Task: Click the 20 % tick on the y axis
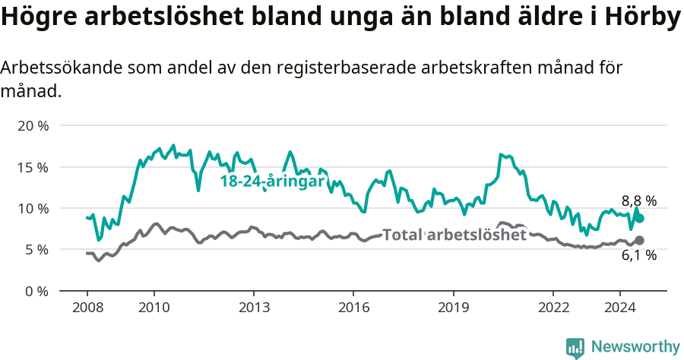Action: point(32,125)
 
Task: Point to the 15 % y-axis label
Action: point(32,167)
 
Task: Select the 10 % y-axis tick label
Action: point(32,208)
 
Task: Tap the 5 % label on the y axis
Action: point(36,249)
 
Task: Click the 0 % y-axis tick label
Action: point(36,291)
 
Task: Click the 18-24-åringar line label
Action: point(272,182)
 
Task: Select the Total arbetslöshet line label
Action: point(454,235)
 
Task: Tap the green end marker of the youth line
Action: point(640,218)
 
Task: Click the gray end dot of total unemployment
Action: point(640,240)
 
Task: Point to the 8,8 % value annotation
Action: point(639,201)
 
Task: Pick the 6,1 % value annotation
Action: point(639,256)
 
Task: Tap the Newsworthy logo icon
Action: point(575,348)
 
